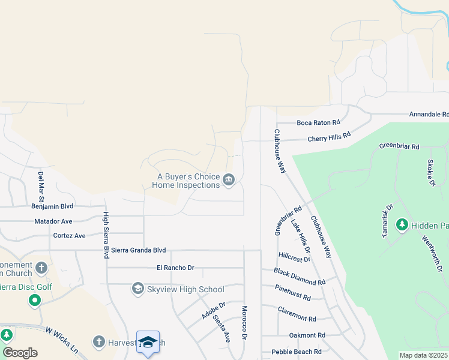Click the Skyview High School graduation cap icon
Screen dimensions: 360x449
tap(138, 289)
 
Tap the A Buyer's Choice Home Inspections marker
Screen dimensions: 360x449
tap(228, 180)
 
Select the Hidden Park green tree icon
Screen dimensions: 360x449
tap(402, 225)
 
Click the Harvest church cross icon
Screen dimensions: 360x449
tap(99, 342)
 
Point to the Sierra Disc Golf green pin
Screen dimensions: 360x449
tap(35, 300)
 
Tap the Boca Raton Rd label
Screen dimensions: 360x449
tap(322, 122)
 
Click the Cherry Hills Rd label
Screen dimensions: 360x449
tap(328, 137)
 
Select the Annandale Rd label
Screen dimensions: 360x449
tap(429, 114)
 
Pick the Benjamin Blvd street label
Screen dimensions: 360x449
tap(52, 206)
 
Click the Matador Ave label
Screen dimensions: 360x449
tap(53, 221)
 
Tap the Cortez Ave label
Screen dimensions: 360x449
tap(69, 236)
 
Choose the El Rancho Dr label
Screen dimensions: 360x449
tap(175, 268)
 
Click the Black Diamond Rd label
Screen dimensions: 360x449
tap(300, 277)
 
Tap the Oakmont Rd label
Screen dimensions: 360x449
tap(307, 335)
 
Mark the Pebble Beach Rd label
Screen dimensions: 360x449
tap(296, 352)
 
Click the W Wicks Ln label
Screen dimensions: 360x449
tap(62, 339)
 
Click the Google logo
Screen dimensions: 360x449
tap(20, 353)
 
